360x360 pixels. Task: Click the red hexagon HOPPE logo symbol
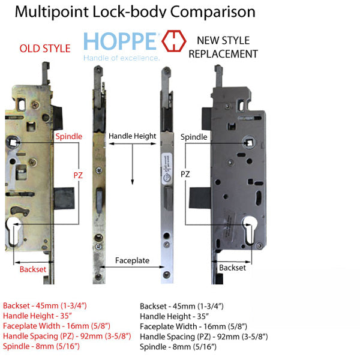point(174,41)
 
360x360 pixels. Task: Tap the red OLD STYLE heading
point(45,49)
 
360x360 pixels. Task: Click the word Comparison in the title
point(213,11)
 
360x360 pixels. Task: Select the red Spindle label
point(69,136)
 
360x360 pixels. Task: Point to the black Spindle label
point(194,137)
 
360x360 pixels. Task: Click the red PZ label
point(78,175)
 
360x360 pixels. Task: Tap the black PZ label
point(185,174)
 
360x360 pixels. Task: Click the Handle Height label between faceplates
point(132,136)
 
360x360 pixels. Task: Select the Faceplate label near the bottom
point(132,260)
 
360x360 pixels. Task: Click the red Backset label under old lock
point(33,269)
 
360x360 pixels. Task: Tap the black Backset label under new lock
point(232,268)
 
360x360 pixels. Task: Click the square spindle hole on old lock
point(13,143)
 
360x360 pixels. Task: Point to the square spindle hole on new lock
point(250,143)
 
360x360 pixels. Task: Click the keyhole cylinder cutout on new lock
point(250,230)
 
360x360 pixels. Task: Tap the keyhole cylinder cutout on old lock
point(14,232)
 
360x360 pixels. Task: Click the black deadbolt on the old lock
point(64,198)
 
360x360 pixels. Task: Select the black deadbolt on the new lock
point(200,197)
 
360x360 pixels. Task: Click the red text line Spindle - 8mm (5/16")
point(41,346)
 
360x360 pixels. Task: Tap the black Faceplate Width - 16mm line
point(193,326)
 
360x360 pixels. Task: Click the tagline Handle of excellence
point(121,58)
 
